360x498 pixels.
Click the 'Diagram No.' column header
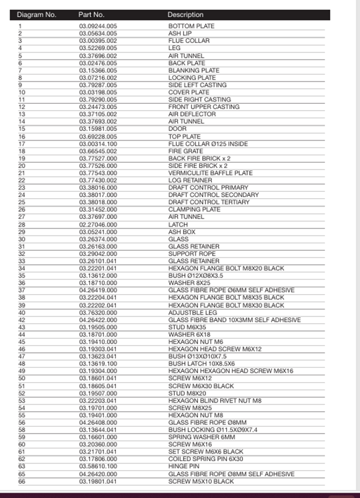pyautogui.click(x=37, y=15)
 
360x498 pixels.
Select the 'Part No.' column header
pyautogui.click(x=91, y=15)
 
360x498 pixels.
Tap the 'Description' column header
pyautogui.click(x=186, y=15)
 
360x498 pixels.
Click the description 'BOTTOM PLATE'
pyautogui.click(x=191, y=26)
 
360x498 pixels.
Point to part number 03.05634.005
pyautogui.click(x=98, y=33)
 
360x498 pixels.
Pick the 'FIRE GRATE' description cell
pyautogui.click(x=186, y=151)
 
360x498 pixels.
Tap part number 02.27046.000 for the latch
pyautogui.click(x=98, y=224)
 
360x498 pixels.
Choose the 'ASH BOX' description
pyautogui.click(x=182, y=232)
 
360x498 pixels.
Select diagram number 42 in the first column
pyautogui.click(x=22, y=320)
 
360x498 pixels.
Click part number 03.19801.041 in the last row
pyautogui.click(x=98, y=481)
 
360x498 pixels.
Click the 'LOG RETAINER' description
pyautogui.click(x=189, y=180)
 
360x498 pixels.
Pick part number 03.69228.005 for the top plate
pyautogui.click(x=98, y=136)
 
